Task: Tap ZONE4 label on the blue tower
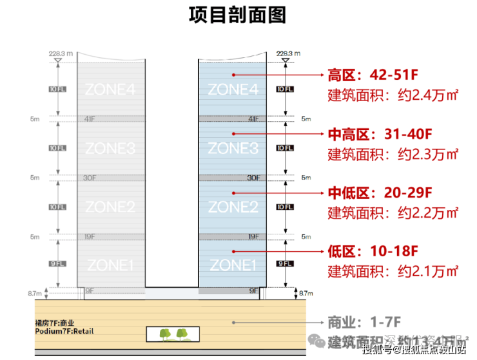[233, 90]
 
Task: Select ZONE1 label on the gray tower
[110, 265]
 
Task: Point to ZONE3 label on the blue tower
[233, 149]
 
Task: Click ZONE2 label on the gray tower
[110, 207]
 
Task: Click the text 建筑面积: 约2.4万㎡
[393, 96]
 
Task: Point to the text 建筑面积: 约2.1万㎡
[393, 271]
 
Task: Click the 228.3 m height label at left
[59, 53]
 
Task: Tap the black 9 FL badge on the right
[284, 264]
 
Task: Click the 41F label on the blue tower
[253, 119]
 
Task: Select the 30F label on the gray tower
[90, 178]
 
